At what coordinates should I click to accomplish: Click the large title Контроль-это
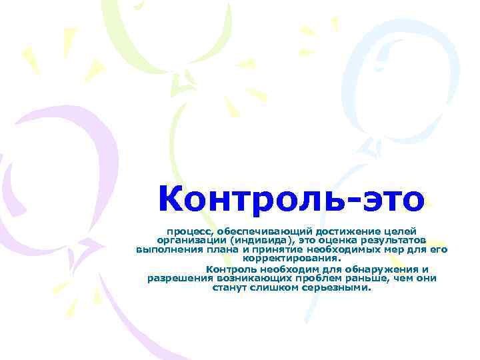pos(291,198)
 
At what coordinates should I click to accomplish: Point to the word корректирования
pos(291,259)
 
